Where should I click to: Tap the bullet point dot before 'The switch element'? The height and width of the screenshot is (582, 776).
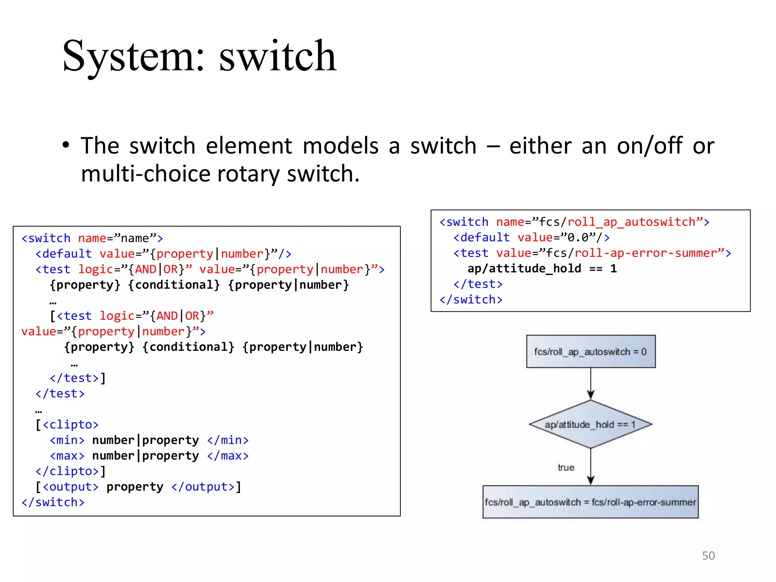66,145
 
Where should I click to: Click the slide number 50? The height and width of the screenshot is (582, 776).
708,555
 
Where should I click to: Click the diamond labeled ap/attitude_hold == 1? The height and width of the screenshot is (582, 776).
590,424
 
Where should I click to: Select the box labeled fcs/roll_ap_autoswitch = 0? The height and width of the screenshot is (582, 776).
590,352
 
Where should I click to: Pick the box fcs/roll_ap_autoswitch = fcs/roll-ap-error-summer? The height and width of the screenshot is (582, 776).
590,502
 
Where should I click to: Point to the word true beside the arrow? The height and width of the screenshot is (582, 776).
566,468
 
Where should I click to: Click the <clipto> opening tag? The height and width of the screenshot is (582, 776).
70,425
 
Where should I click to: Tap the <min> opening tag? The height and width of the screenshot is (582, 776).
67,440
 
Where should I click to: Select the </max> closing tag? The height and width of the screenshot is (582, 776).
228,456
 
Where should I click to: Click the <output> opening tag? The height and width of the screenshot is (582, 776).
70,487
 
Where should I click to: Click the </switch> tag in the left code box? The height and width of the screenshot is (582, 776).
53,502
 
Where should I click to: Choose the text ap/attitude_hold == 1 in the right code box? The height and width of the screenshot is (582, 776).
542,269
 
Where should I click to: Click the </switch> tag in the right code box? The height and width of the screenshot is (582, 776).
471,300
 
